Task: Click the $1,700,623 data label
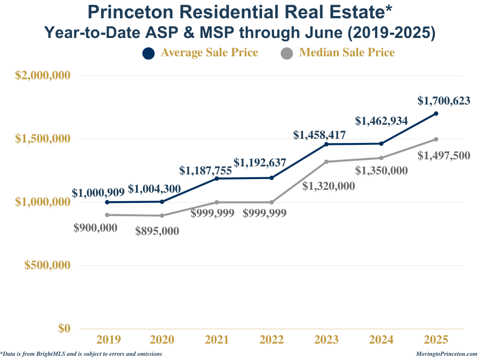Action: (443, 100)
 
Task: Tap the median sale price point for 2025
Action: (436, 139)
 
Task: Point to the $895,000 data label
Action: (157, 231)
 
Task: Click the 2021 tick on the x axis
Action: (217, 340)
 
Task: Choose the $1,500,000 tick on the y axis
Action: (43, 139)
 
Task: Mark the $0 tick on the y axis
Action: (64, 329)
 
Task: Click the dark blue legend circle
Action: (149, 53)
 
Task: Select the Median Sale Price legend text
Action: (347, 52)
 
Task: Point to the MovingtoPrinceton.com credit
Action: (446, 354)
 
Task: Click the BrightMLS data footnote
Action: (82, 354)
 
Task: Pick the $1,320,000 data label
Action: (328, 186)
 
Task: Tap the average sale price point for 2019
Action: (107, 202)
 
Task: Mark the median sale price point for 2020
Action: (162, 216)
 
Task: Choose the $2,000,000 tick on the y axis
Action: (43, 75)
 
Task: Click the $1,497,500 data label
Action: (443, 155)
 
